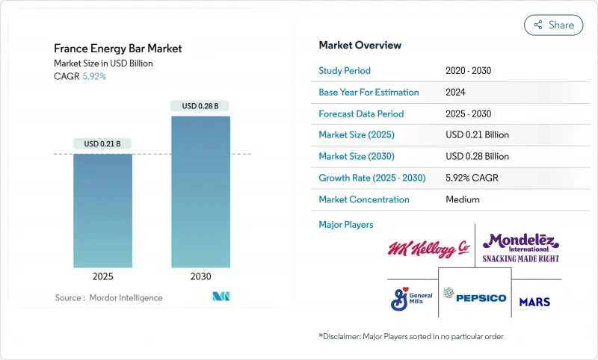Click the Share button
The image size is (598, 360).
point(554,25)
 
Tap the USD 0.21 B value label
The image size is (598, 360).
point(103,143)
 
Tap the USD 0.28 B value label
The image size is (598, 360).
point(200,106)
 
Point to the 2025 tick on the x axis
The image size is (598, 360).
point(103,276)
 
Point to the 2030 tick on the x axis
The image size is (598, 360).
point(200,276)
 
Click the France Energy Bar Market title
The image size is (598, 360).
point(117,49)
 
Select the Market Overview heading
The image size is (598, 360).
point(360,46)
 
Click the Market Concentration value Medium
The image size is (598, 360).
point(463,199)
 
